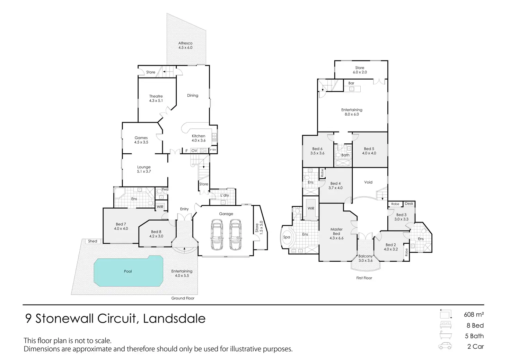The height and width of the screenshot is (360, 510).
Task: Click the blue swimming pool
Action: pos(129,271)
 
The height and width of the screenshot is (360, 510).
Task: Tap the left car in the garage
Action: pos(217,235)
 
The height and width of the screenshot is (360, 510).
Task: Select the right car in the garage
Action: pos(235,235)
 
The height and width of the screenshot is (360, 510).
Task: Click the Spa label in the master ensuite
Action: pos(287,237)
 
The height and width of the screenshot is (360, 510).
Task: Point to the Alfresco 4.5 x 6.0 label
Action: pos(185,45)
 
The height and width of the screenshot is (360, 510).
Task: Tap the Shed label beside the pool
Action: pos(93,241)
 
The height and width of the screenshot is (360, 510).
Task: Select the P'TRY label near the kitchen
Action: pos(213,150)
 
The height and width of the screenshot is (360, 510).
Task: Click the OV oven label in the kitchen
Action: pos(194,151)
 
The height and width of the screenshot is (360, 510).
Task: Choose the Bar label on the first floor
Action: pos(351,83)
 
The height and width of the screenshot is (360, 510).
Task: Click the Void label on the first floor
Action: pos(368,182)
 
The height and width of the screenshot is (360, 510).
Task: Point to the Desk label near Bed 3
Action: pos(409,204)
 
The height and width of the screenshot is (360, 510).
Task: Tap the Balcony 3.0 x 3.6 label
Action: pos(366,258)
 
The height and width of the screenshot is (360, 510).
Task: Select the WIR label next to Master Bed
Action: pos(311,208)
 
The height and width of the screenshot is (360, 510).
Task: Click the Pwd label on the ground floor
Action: pos(165,189)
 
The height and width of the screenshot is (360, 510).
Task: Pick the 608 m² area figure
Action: pos(474,315)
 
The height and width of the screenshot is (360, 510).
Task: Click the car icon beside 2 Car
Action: pos(445,346)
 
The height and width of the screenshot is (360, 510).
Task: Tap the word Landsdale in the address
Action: pos(174,318)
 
